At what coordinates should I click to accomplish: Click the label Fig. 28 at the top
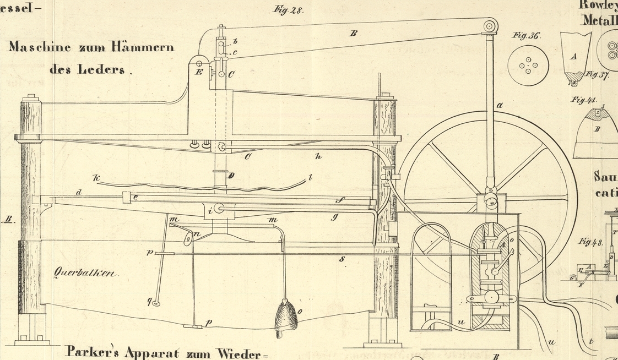(288, 10)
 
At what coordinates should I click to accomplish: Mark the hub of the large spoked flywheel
(489, 199)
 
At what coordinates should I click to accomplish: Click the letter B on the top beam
(353, 34)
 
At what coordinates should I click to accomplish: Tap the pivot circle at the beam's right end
(490, 26)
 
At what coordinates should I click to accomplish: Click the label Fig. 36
(526, 36)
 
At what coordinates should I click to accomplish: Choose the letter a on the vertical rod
(500, 105)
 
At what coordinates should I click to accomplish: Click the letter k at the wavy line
(97, 178)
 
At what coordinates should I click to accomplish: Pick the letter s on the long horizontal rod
(342, 258)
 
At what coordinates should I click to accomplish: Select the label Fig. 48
(590, 242)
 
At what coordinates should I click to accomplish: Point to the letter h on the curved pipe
(318, 157)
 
